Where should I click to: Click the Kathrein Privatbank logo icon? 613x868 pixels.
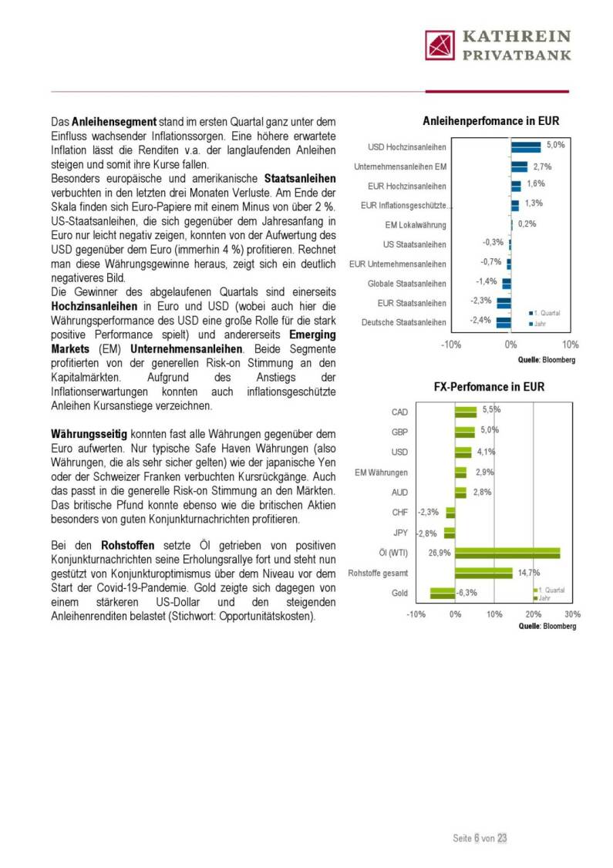(x=440, y=45)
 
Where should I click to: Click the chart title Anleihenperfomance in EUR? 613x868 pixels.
(x=490, y=121)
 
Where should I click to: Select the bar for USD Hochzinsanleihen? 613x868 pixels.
(x=526, y=147)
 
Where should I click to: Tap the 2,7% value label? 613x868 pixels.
(x=542, y=167)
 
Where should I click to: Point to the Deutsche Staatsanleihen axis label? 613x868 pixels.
(x=403, y=322)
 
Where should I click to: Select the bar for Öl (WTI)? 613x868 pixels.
(x=507, y=553)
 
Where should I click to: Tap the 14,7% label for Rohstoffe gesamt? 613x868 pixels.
(x=528, y=572)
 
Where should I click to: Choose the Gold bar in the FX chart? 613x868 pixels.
(x=443, y=593)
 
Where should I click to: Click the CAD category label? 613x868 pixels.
(x=399, y=412)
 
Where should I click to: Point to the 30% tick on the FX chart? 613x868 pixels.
(x=572, y=614)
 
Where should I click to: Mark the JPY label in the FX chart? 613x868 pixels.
(x=400, y=533)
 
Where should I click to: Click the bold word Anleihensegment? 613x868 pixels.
(x=114, y=122)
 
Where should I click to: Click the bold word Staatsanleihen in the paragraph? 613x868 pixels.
(x=305, y=178)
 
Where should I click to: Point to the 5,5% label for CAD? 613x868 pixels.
(x=491, y=410)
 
